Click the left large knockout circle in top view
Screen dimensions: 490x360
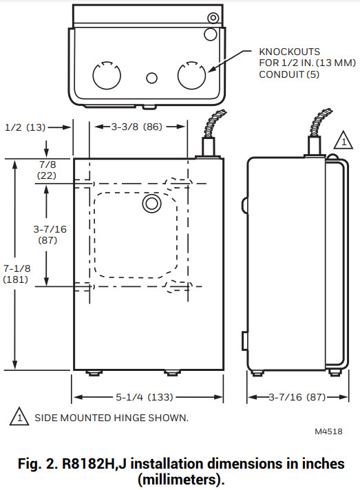coord(105,76)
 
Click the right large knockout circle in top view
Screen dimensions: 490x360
coord(191,76)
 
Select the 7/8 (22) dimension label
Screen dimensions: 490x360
coord(47,171)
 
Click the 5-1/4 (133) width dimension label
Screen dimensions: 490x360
coord(148,397)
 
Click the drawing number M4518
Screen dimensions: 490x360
coord(329,432)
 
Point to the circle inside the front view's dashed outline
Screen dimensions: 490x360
coord(150,204)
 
